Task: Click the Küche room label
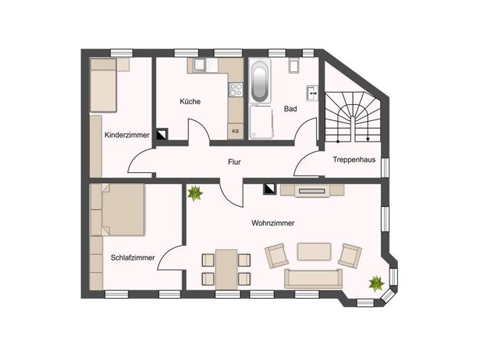pyautogui.click(x=190, y=102)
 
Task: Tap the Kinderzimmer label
pyautogui.click(x=127, y=135)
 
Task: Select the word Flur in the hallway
pyautogui.click(x=234, y=162)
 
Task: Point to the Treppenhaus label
pyautogui.click(x=354, y=159)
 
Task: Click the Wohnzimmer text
pyautogui.click(x=273, y=224)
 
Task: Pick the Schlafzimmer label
pyautogui.click(x=132, y=258)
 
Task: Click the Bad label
pyautogui.click(x=290, y=109)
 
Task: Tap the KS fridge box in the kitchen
pyautogui.click(x=236, y=131)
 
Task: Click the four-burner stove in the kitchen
pyautogui.click(x=236, y=90)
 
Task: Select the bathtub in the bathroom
pyautogui.click(x=260, y=81)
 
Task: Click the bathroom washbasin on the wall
pyautogui.click(x=312, y=93)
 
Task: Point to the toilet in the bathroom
pyautogui.click(x=294, y=65)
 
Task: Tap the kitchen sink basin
pyautogui.click(x=200, y=65)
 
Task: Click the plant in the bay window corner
pyautogui.click(x=376, y=283)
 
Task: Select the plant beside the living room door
pyautogui.click(x=195, y=194)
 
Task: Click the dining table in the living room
pyautogui.click(x=226, y=270)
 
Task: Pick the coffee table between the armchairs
pyautogui.click(x=314, y=251)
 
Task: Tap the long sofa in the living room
pyautogui.click(x=314, y=279)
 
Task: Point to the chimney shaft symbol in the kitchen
pyautogui.click(x=162, y=134)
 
